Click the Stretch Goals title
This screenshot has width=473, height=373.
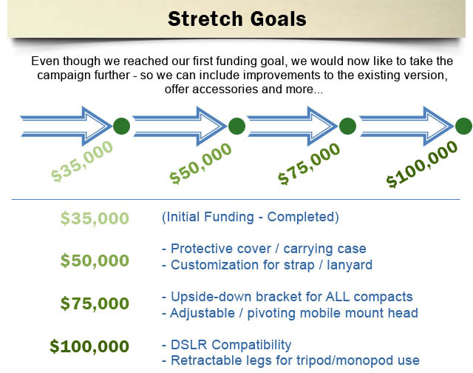237,19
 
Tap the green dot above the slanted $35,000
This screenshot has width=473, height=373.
121,126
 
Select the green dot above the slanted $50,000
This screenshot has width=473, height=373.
236,126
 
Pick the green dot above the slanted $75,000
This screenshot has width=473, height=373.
347,126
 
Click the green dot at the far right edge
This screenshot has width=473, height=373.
464,126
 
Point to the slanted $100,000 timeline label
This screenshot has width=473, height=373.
422,164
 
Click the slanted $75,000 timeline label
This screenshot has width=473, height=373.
309,164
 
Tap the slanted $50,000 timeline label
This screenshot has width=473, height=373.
200,164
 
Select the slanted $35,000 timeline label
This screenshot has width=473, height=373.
82,161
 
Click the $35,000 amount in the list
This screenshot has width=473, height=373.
95,218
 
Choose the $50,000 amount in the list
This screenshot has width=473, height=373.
95,261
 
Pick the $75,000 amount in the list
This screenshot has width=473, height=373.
95,303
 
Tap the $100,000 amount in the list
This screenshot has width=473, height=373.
89,346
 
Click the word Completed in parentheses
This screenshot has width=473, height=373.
301,217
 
